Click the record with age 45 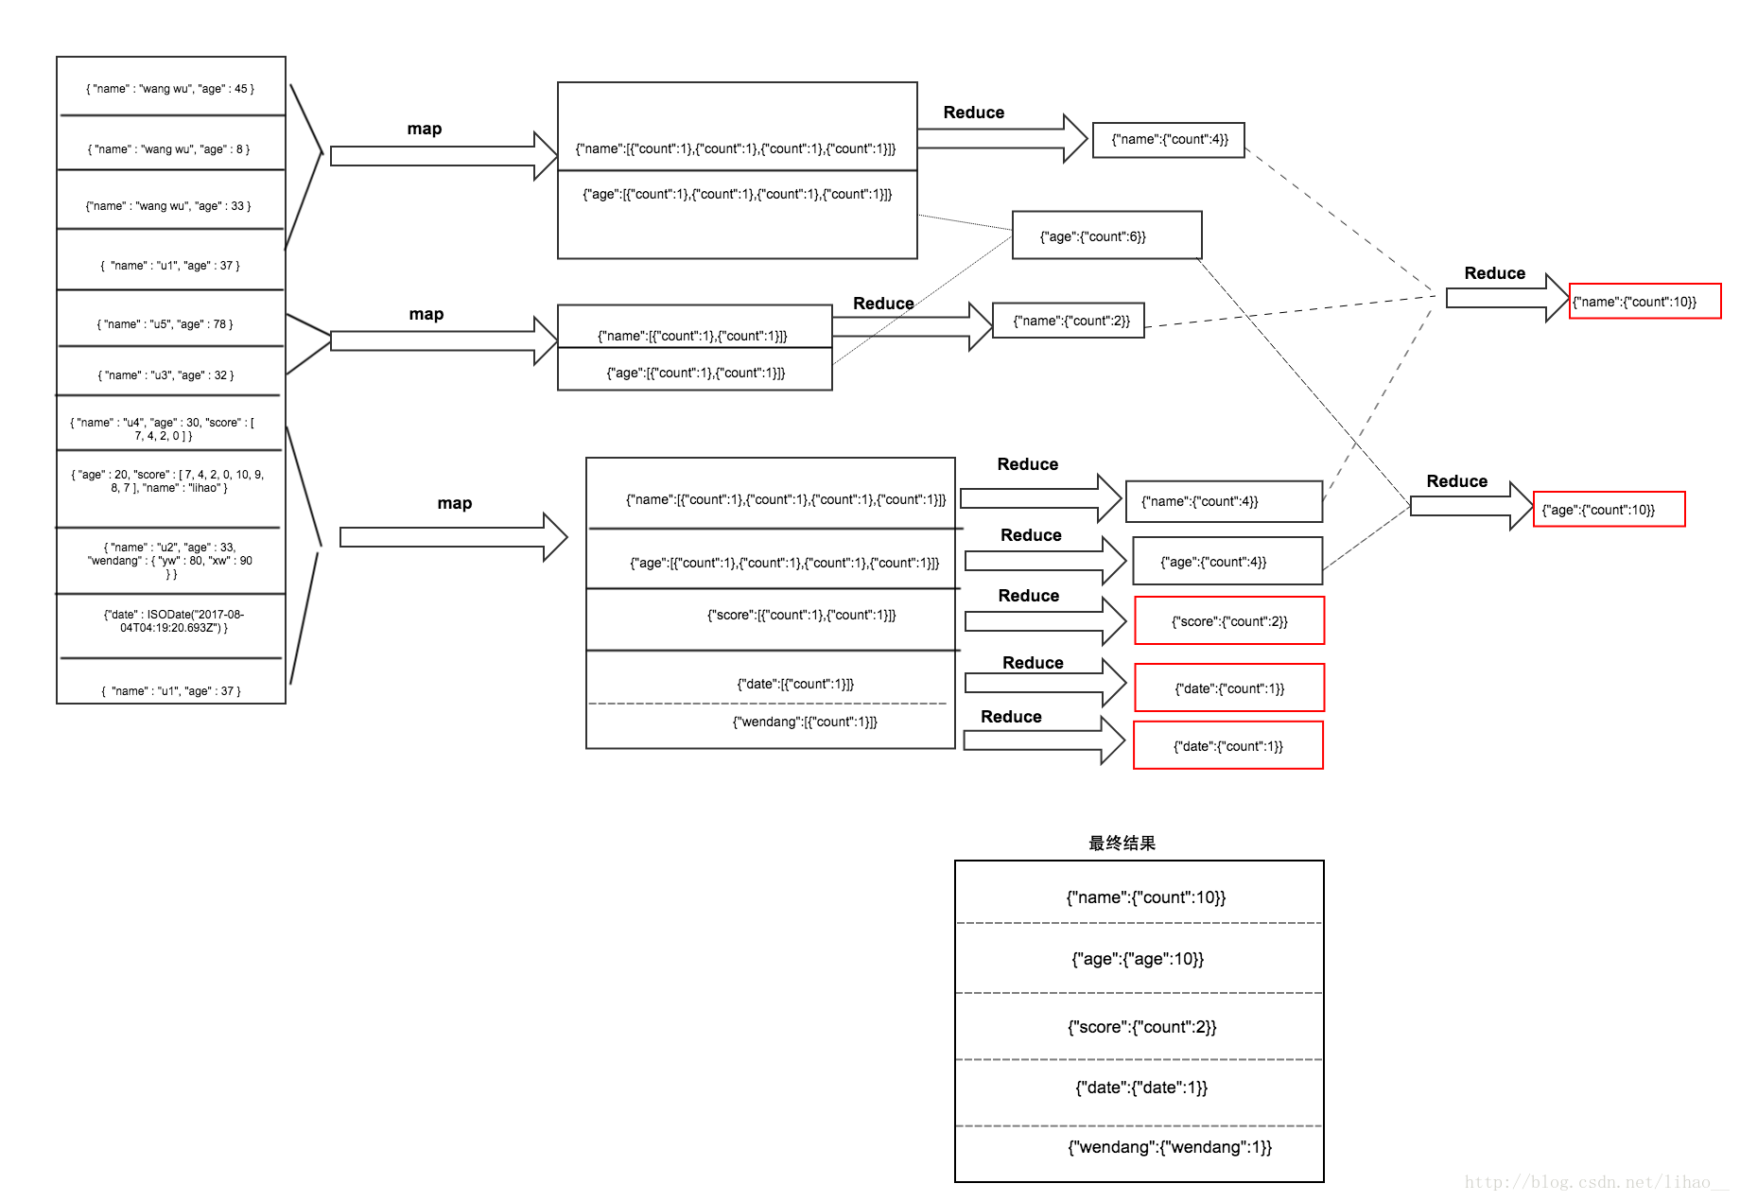point(170,89)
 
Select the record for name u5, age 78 point(165,324)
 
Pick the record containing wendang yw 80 point(170,561)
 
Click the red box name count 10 point(1644,302)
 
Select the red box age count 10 point(1608,510)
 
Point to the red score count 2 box point(1228,621)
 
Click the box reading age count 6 point(1105,236)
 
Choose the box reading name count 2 point(1069,321)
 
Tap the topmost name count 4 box point(1169,140)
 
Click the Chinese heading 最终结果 point(1122,843)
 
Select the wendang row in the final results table point(1169,1147)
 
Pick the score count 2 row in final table point(1141,1027)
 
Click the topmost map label point(425,129)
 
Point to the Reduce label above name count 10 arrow point(1494,273)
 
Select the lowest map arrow point(452,537)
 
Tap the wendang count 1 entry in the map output point(805,722)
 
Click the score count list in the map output point(801,616)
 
